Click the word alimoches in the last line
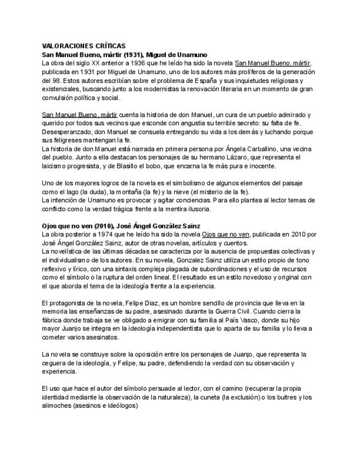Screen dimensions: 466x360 click(58, 406)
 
